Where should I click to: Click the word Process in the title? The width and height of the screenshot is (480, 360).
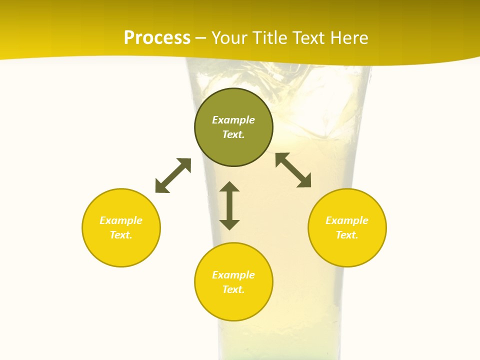click(x=157, y=38)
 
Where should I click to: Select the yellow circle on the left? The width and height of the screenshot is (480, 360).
click(x=121, y=250)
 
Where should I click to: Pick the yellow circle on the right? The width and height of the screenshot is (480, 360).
click(x=347, y=250)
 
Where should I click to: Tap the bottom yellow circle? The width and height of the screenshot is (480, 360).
click(x=233, y=305)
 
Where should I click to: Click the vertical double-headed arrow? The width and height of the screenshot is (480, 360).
click(x=229, y=205)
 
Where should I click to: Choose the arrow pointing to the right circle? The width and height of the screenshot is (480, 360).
click(x=293, y=170)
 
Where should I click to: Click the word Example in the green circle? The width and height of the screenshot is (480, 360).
click(x=233, y=120)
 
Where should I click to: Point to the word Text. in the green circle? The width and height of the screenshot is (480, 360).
click(x=233, y=134)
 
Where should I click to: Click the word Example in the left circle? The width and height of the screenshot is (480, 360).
click(x=121, y=220)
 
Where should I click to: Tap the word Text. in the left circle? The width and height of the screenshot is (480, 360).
click(x=121, y=235)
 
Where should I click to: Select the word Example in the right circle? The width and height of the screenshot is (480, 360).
click(x=347, y=220)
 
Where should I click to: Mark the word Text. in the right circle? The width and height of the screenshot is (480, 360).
click(x=347, y=235)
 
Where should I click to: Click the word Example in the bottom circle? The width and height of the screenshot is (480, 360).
click(x=233, y=275)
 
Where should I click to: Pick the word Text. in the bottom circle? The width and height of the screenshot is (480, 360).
click(x=233, y=289)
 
